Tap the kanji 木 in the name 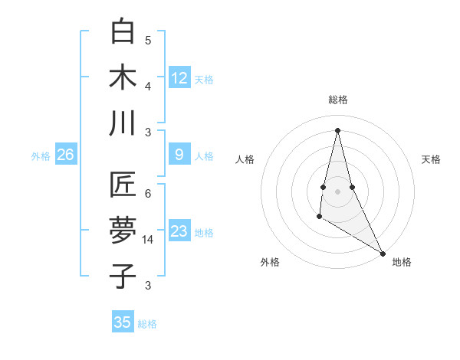(123, 78)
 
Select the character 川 (123, 123)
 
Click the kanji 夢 (123, 231)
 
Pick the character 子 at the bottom (123, 277)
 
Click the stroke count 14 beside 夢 (149, 240)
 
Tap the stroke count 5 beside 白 (148, 41)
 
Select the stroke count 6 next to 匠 (148, 194)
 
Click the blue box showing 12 (179, 78)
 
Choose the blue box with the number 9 (179, 155)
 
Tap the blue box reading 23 (179, 231)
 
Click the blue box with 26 (66, 155)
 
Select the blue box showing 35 (123, 322)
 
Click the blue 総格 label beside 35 (147, 324)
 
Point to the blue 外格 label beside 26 (41, 156)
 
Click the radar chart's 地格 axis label (402, 262)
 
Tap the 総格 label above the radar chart (337, 100)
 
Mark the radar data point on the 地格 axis (383, 253)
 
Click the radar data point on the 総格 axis (337, 129)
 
